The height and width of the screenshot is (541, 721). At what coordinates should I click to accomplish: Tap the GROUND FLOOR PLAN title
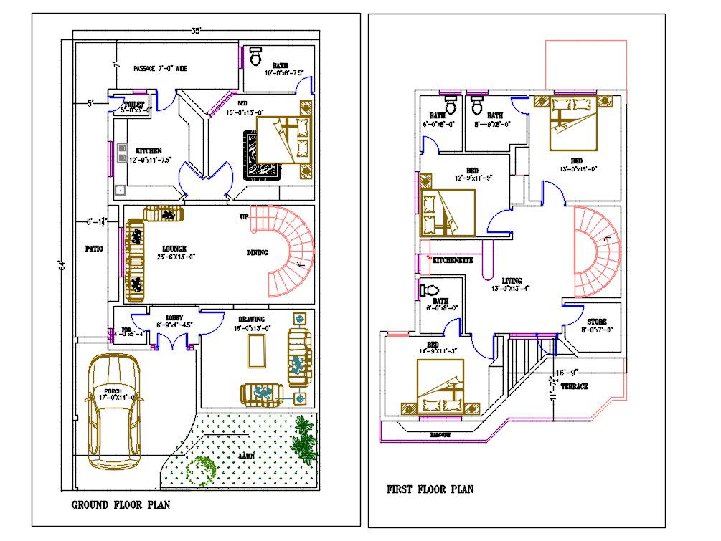click(121, 505)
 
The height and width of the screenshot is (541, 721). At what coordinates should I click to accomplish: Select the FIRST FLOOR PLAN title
click(430, 489)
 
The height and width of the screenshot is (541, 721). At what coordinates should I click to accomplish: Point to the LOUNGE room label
click(174, 249)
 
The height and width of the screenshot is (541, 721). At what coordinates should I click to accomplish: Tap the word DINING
click(258, 252)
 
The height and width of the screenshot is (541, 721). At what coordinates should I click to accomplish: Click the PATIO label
click(93, 249)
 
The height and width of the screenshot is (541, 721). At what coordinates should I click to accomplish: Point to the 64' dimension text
click(62, 266)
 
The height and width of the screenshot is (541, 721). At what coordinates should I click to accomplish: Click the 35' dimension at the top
click(196, 30)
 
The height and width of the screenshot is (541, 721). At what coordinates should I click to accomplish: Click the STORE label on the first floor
click(598, 322)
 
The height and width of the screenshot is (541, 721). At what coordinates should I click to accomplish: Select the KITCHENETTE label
click(453, 261)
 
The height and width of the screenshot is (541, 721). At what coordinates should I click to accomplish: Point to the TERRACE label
click(575, 387)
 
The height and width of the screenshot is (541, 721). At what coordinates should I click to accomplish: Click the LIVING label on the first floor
click(512, 281)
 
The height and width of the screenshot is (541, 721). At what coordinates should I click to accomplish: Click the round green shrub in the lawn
click(200, 469)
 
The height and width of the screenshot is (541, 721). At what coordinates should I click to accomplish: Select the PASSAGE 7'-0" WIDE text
click(161, 69)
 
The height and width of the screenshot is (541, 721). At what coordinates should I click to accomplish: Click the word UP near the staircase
click(245, 216)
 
